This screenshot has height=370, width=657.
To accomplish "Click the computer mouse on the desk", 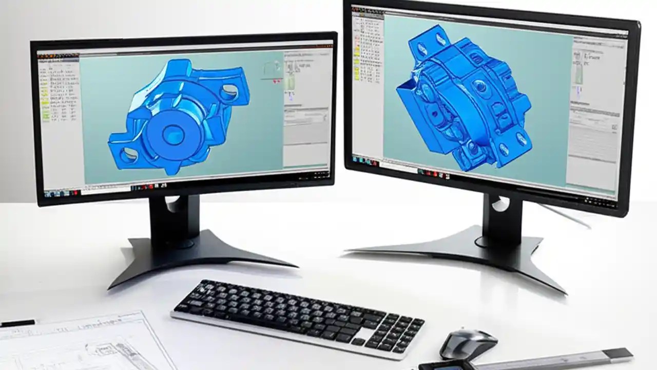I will click(x=468, y=343).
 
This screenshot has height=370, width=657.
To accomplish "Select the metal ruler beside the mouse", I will click(x=554, y=359).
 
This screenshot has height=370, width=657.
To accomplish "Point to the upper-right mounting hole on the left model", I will click(x=228, y=92).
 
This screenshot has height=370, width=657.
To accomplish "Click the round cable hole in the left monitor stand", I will click(x=172, y=202).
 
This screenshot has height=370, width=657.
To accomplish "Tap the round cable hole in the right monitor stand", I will click(x=499, y=204).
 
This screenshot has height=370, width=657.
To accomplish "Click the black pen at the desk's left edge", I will click(x=17, y=323).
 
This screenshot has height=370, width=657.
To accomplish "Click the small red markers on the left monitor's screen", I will click(x=277, y=81).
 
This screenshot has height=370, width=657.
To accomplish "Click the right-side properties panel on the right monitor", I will click(x=595, y=118).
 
